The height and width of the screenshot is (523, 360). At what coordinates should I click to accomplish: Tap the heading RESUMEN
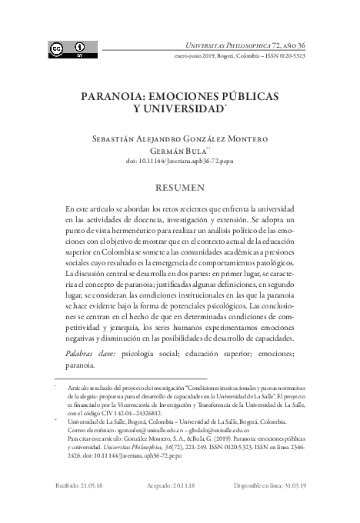pos(180,186)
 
